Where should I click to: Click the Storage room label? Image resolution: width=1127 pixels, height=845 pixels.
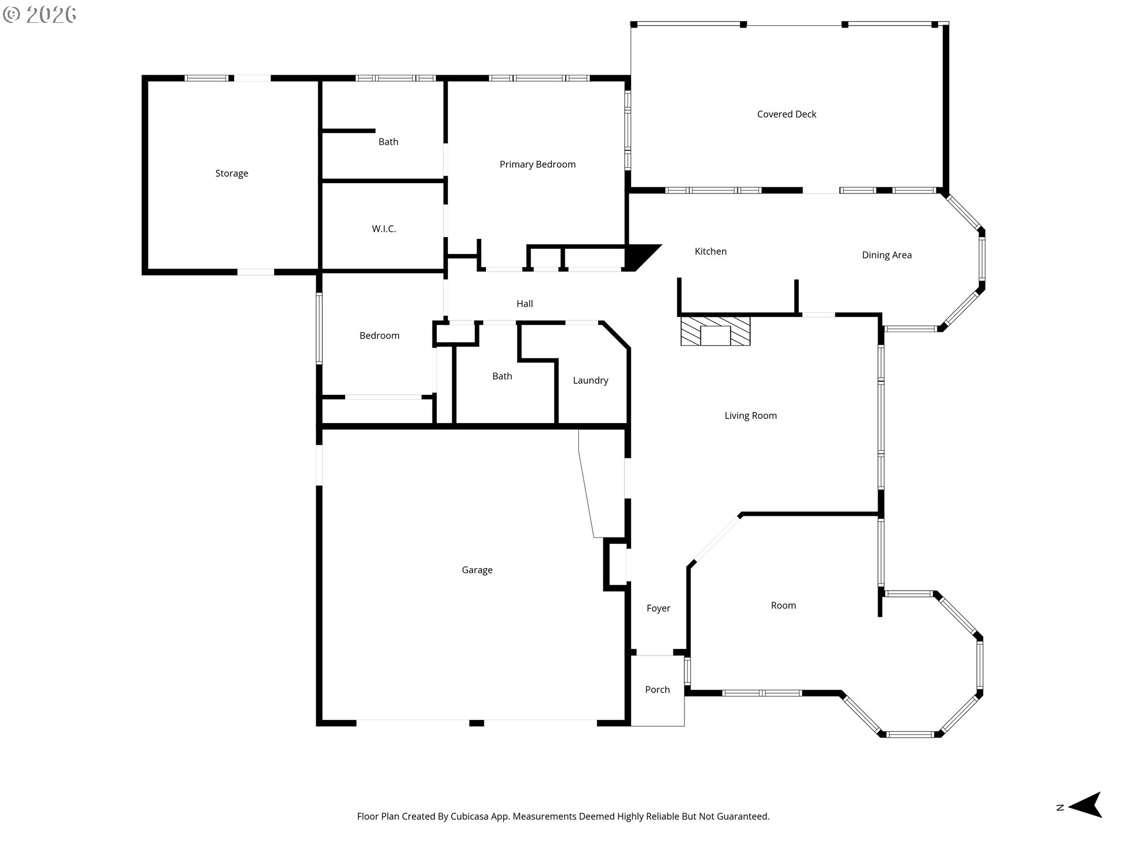pyautogui.click(x=232, y=174)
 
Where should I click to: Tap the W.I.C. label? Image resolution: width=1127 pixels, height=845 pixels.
pyautogui.click(x=384, y=229)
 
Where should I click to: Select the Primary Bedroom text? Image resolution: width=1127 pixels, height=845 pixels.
pyautogui.click(x=538, y=165)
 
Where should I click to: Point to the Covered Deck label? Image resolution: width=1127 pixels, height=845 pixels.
pyautogui.click(x=787, y=114)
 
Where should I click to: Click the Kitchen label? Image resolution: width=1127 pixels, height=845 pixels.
pyautogui.click(x=711, y=252)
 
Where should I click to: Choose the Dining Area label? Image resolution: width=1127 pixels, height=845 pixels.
pyautogui.click(x=887, y=255)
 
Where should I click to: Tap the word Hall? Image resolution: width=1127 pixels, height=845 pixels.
pyautogui.click(x=525, y=304)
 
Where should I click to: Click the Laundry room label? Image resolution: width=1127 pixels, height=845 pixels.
pyautogui.click(x=591, y=381)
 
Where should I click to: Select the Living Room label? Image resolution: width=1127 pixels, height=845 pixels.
pyautogui.click(x=751, y=416)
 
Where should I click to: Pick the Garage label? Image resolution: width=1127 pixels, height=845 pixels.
pyautogui.click(x=477, y=570)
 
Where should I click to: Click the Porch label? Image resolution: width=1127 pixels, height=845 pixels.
pyautogui.click(x=657, y=690)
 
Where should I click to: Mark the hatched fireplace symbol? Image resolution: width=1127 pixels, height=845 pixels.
pyautogui.click(x=716, y=331)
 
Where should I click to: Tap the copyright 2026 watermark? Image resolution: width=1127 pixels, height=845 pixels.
pyautogui.click(x=40, y=14)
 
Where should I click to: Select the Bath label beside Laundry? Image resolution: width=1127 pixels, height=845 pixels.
pyautogui.click(x=502, y=377)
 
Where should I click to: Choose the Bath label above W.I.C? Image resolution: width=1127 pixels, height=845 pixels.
pyautogui.click(x=389, y=142)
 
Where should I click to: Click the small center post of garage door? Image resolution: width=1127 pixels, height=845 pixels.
pyautogui.click(x=477, y=724)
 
